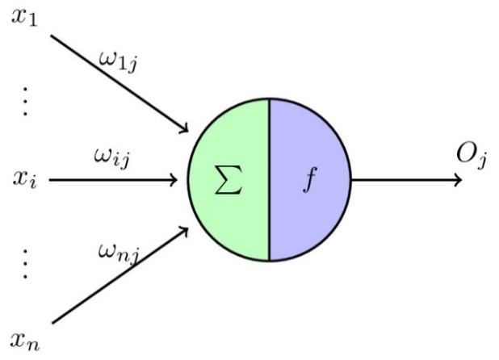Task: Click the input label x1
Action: pyautogui.click(x=24, y=18)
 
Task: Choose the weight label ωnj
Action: pyautogui.click(x=118, y=257)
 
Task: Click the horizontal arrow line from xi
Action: pyautogui.click(x=113, y=179)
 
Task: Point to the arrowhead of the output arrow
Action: pyautogui.click(x=459, y=179)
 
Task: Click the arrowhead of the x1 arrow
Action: pyautogui.click(x=185, y=129)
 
